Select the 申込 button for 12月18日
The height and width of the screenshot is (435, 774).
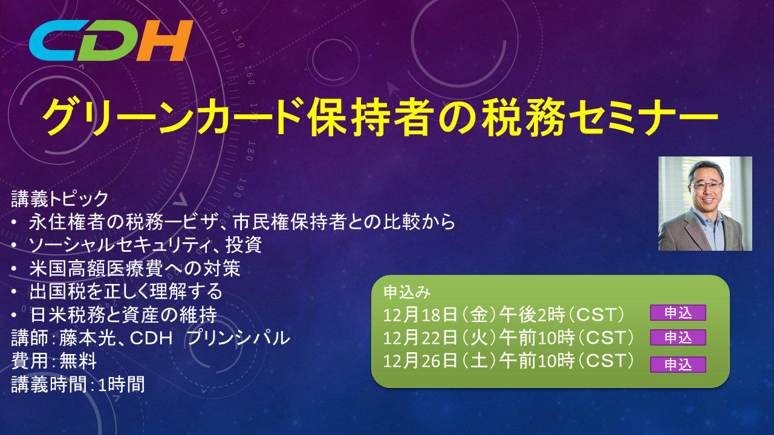678,313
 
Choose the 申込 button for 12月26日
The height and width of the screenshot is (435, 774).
678,364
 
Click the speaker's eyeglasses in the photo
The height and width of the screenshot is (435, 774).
706,185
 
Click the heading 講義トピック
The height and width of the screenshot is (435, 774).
59,199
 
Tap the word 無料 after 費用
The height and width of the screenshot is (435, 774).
78,361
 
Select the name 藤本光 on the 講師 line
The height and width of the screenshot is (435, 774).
88,338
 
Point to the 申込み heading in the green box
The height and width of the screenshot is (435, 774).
407,292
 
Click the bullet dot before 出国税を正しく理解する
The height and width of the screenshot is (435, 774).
14,292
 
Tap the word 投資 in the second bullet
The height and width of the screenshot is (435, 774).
244,245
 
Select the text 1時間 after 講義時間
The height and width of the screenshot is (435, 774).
122,385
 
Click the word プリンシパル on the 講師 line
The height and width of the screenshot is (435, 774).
238,338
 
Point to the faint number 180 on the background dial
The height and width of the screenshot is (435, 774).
250,151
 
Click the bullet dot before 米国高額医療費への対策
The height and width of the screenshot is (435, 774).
14,268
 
